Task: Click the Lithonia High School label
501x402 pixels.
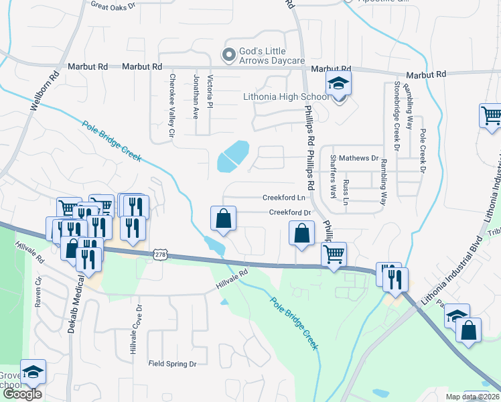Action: (286, 96)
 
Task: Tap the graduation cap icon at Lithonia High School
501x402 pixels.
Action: (338, 85)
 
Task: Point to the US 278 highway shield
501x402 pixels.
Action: (159, 255)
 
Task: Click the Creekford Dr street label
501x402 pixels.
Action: (291, 212)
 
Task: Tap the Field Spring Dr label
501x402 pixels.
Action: (172, 364)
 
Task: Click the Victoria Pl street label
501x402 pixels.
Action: (210, 93)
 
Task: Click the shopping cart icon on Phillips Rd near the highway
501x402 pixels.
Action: (334, 255)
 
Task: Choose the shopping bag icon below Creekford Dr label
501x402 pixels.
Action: (302, 234)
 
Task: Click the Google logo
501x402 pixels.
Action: (22, 394)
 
